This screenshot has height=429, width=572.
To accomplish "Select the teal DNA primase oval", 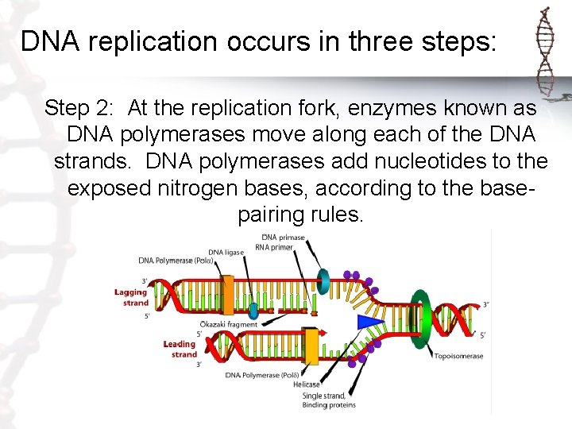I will click(323, 279).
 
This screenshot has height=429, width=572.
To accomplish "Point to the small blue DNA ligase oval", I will click(253, 310).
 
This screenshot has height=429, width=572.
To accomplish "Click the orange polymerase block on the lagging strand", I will click(228, 295).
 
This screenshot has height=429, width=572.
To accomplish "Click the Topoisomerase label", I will click(458, 356).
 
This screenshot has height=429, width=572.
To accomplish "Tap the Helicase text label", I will click(306, 384).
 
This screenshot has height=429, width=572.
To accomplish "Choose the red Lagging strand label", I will click(131, 297).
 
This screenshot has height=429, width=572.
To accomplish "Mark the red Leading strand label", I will click(180, 349).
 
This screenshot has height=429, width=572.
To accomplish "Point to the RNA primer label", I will click(275, 247).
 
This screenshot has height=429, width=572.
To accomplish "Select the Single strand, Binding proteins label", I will click(328, 400).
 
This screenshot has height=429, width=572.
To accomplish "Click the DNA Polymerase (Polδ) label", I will click(261, 374).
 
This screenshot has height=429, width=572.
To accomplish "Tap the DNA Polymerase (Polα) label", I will click(175, 260).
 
